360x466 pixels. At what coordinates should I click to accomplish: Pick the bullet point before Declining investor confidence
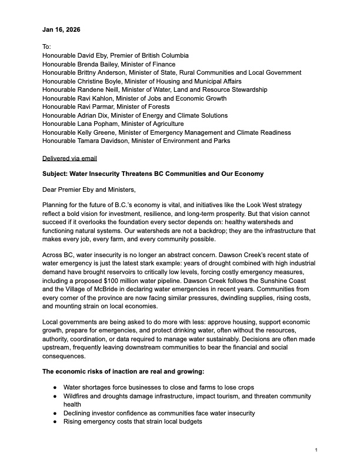55,413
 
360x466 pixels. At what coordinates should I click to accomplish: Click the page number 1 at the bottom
316,450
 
